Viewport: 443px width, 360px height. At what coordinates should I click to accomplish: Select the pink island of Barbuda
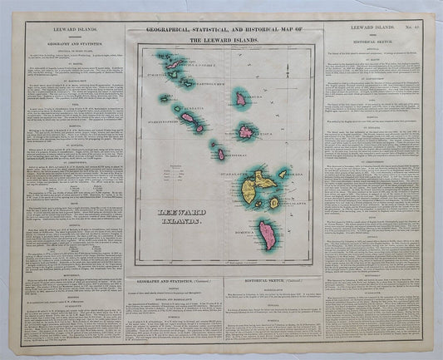(241, 99)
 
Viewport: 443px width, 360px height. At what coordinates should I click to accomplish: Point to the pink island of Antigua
(247, 131)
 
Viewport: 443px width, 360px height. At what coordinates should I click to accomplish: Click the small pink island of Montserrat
(220, 154)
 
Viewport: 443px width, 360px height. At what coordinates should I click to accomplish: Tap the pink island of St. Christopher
(190, 118)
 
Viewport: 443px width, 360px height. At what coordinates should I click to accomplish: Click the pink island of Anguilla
(175, 63)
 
